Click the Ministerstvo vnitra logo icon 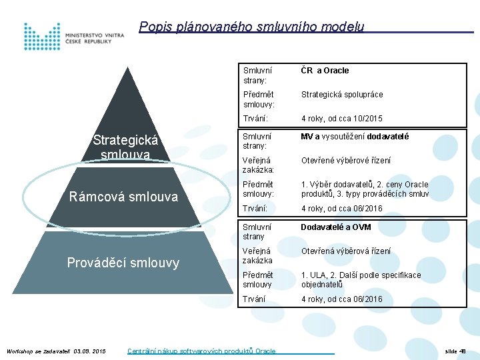point(41,37)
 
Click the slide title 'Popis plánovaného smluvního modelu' point(251,27)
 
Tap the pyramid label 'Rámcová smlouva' point(124,196)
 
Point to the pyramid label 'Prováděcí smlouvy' point(123,263)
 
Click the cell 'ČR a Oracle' point(325,71)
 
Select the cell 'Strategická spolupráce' point(342,95)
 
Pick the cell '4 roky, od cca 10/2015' point(341,119)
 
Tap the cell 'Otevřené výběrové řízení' point(346,161)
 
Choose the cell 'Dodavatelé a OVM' point(335,227)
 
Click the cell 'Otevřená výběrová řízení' point(345,251)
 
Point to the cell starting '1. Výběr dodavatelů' point(364,189)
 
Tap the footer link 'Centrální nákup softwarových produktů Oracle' point(201,351)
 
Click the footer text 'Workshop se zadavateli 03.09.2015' point(56,351)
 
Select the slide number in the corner point(455,351)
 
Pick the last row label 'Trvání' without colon point(254,299)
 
